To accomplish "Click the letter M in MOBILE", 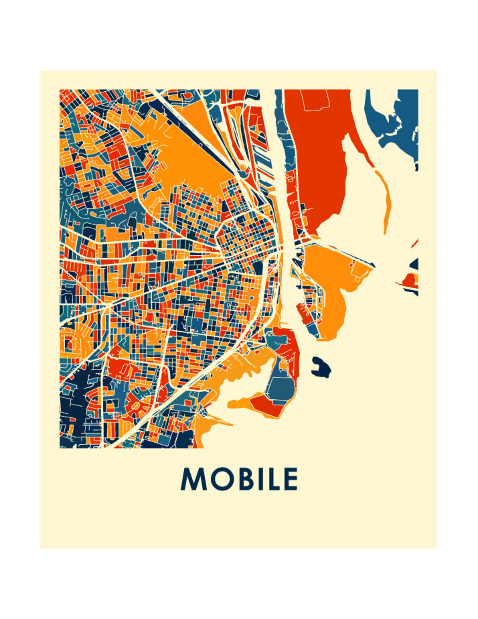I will click(x=194, y=479).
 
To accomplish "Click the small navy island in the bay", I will click(x=321, y=367).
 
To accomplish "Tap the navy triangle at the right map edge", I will click(x=415, y=264).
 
